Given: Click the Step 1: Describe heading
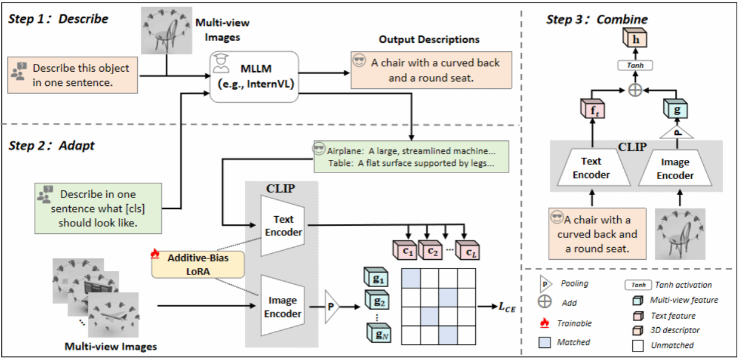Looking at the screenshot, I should [x=58, y=19].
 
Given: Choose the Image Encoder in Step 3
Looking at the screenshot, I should [x=676, y=169].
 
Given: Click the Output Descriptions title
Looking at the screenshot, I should [x=429, y=39].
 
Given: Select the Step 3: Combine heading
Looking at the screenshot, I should [x=597, y=20].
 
